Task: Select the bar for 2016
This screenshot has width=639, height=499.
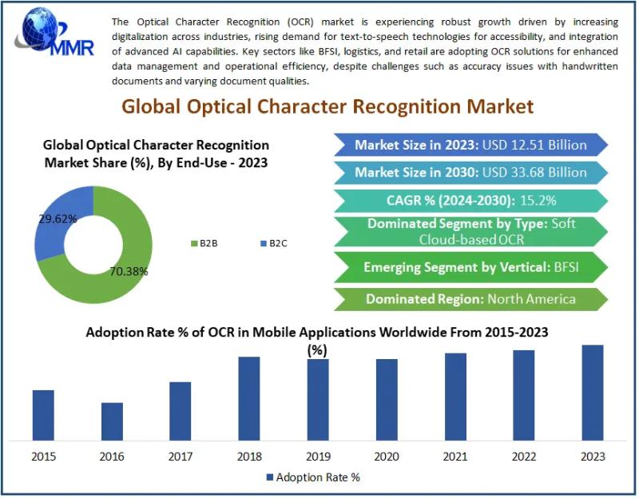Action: click(112, 421)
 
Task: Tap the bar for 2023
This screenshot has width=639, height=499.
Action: click(593, 393)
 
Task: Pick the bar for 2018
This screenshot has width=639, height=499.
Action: click(249, 398)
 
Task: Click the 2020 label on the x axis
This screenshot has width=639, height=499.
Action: click(387, 457)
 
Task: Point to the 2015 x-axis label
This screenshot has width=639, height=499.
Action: click(43, 457)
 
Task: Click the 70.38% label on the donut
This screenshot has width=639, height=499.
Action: click(129, 271)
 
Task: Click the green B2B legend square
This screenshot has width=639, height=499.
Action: click(192, 243)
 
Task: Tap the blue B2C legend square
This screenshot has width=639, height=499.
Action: click(261, 243)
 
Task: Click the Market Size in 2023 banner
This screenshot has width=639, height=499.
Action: click(470, 145)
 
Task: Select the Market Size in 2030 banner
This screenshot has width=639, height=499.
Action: click(470, 172)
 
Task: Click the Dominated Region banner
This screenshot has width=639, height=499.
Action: click(470, 298)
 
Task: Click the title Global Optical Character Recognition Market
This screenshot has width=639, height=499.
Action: click(327, 106)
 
